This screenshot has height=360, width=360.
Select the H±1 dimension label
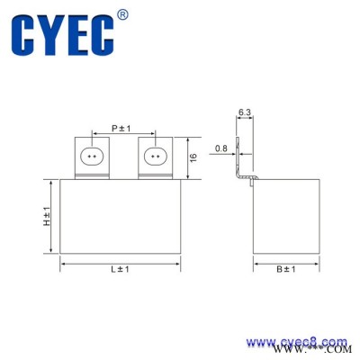point(46,215)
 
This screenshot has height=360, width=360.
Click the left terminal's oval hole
point(93,157)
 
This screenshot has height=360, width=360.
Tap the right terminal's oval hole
point(154,157)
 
